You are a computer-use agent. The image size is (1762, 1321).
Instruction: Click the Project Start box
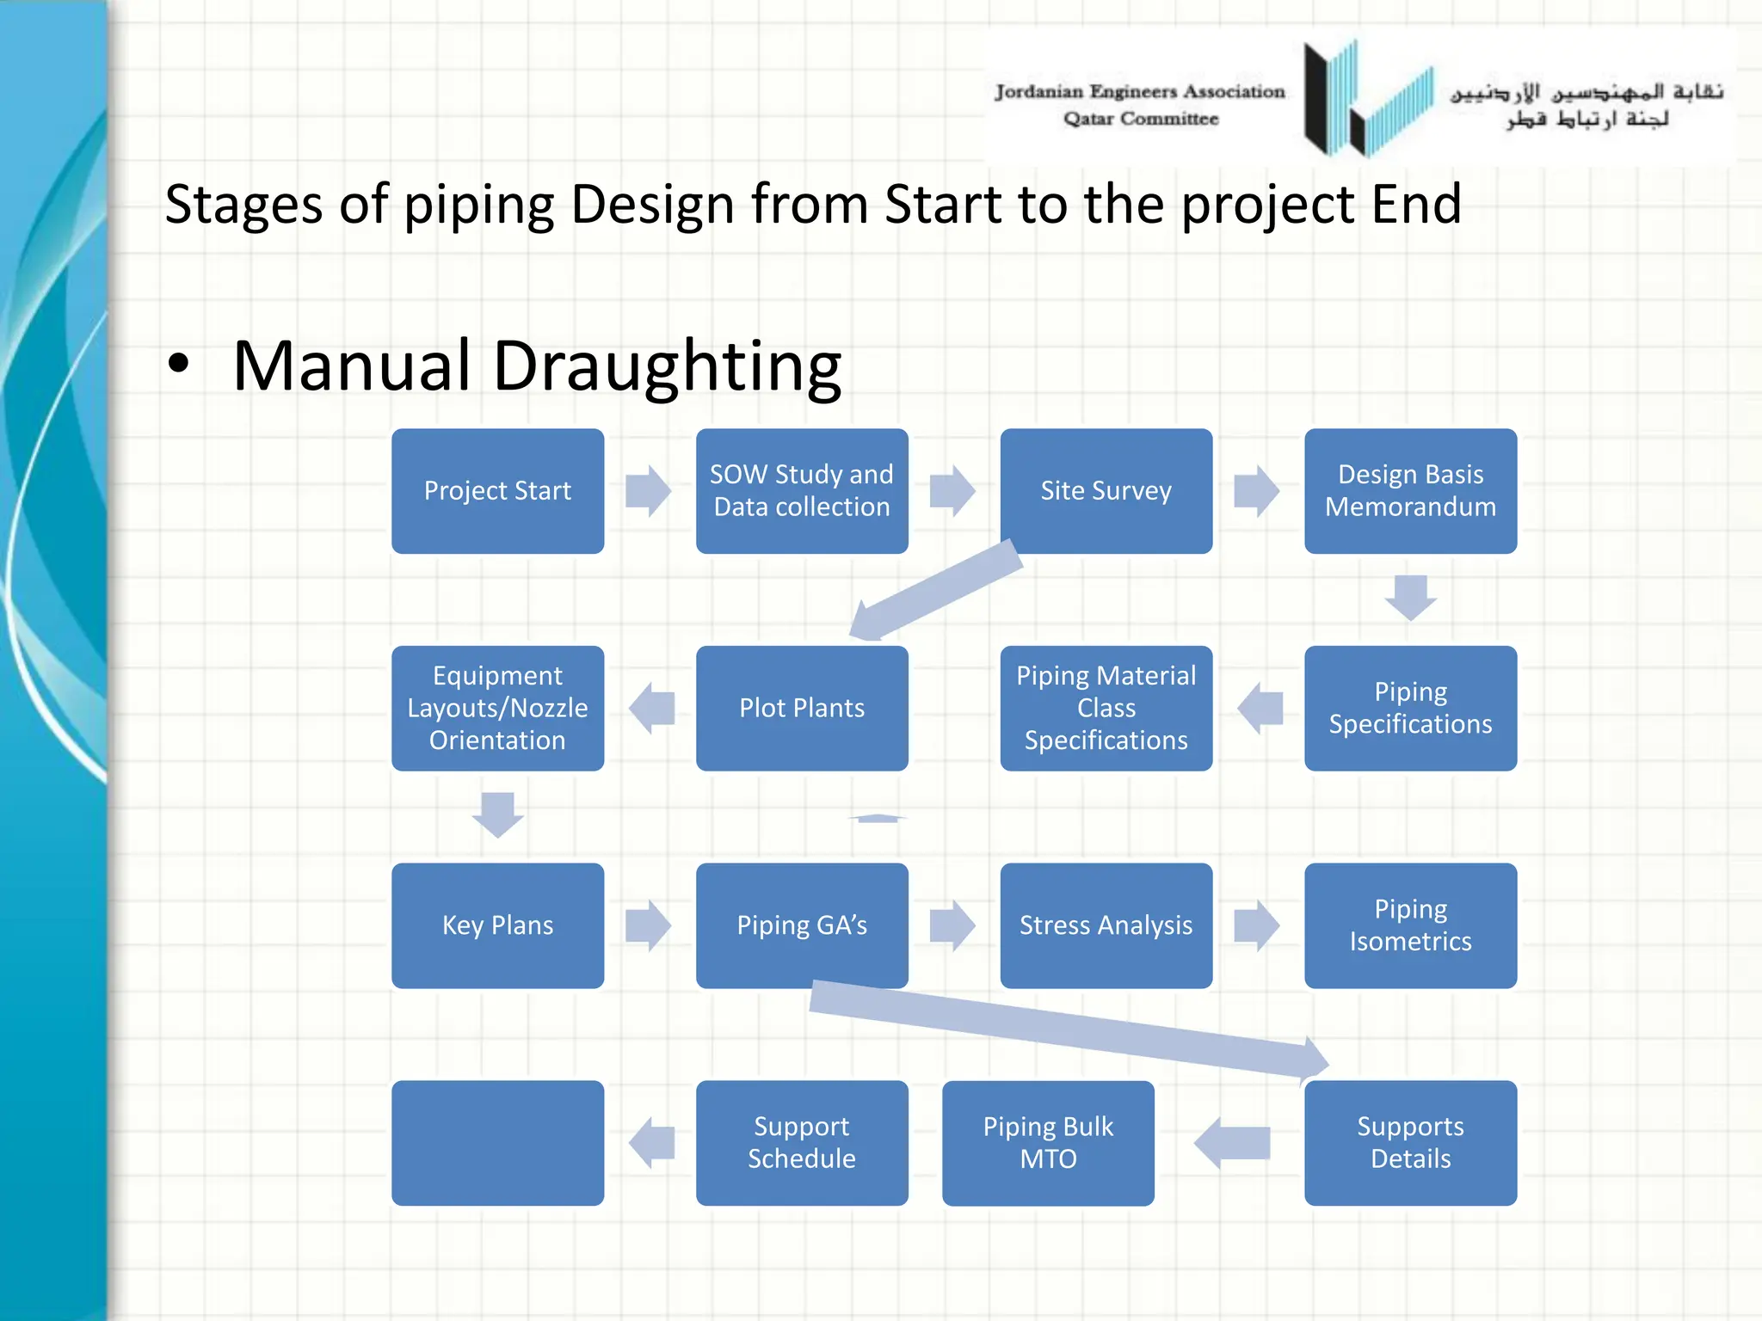497,491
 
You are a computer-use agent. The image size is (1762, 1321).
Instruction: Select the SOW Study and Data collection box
801,491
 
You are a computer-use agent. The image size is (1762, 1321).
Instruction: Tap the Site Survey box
1106,491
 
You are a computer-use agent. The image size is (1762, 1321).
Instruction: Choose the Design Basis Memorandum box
1410,491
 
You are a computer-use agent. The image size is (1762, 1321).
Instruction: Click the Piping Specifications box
1410,708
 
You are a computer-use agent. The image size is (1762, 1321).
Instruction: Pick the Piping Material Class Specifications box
1106,708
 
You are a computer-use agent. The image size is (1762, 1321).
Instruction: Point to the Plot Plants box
801,708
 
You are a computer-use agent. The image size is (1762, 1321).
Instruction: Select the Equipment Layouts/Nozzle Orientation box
497,708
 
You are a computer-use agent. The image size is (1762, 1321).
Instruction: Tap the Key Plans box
497,925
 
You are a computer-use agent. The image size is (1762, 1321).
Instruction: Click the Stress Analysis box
1106,925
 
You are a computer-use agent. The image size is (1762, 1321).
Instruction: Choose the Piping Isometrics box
1410,925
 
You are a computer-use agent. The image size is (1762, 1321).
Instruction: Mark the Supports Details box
1410,1143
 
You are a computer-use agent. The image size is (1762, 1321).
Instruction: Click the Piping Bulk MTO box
1048,1143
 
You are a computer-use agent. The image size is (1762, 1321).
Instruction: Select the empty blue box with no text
497,1143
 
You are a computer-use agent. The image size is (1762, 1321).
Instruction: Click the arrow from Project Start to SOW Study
649,491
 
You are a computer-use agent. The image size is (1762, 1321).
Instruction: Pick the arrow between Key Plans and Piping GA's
649,925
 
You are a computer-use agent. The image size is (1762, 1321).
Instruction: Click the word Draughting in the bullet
667,366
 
